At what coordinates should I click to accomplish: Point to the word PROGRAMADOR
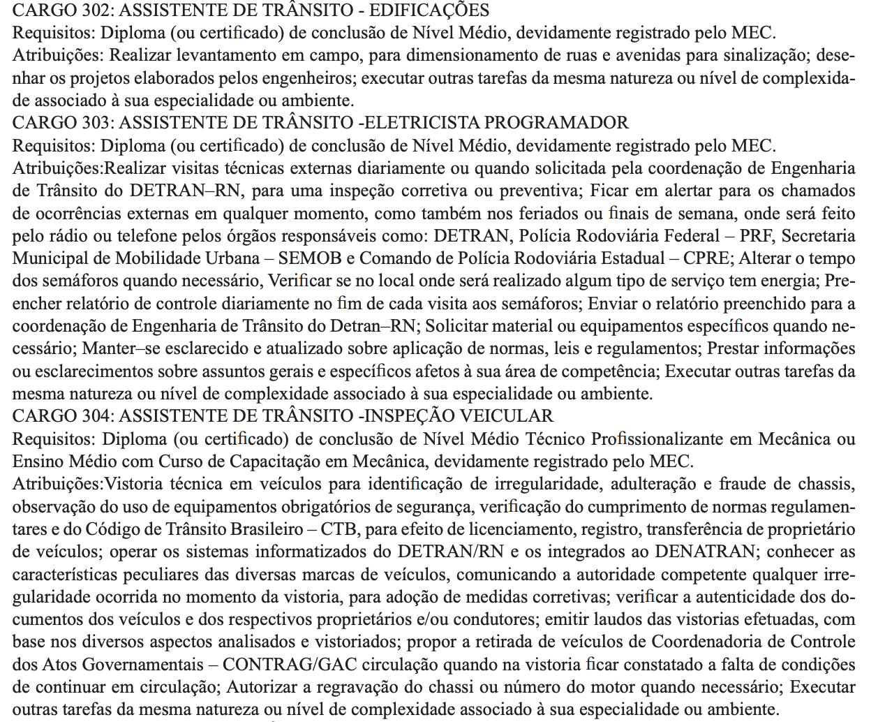click(x=556, y=123)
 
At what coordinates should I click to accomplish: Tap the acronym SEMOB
click(x=310, y=258)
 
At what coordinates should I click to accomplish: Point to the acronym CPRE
click(x=706, y=258)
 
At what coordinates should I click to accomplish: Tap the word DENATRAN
click(x=704, y=552)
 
